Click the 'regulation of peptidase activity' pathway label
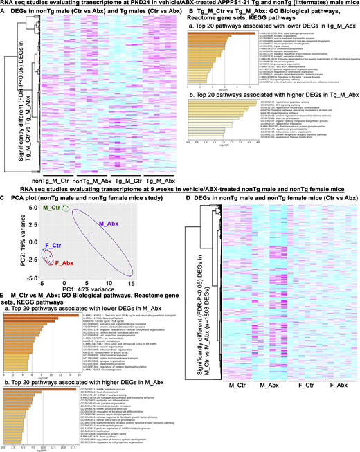pos(309,100)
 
